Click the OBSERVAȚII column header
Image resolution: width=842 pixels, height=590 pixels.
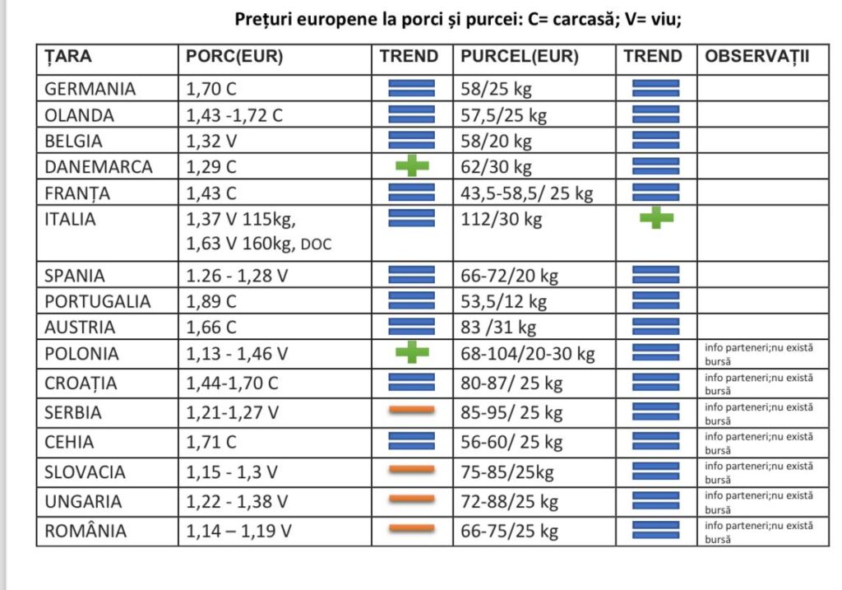(756, 57)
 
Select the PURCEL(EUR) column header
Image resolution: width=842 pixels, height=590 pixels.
(520, 57)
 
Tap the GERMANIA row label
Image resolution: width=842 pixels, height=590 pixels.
(90, 89)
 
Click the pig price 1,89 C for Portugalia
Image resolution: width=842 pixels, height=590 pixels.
(211, 301)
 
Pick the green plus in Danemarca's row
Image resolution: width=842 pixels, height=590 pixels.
(412, 165)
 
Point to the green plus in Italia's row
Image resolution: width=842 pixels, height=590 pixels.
(656, 217)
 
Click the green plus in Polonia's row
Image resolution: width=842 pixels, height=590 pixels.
(412, 352)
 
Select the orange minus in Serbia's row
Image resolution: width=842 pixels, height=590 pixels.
(412, 411)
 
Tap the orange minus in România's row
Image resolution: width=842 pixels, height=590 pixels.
(412, 529)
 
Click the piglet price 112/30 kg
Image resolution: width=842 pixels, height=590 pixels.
(502, 219)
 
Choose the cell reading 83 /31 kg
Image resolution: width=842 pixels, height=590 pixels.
(498, 328)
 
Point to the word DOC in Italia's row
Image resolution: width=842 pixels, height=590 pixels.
(316, 244)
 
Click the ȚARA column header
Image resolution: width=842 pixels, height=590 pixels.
(68, 57)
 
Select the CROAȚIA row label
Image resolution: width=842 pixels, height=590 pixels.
(81, 383)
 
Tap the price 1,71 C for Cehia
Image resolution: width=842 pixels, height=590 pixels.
(211, 442)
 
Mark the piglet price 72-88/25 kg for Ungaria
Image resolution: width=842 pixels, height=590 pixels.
(510, 502)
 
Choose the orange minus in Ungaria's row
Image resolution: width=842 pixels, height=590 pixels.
(412, 499)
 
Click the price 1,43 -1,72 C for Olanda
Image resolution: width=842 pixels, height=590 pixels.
(234, 115)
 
